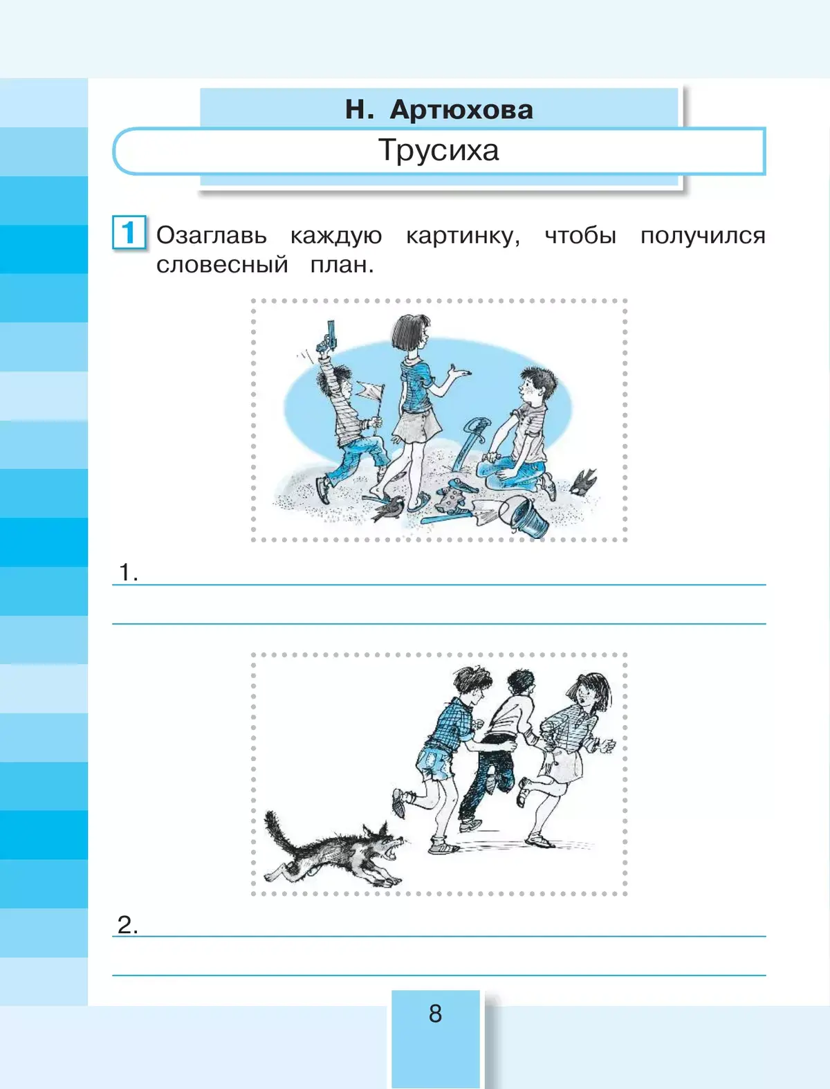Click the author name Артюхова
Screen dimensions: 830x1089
tap(461, 109)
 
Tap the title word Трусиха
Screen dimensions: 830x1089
tap(439, 150)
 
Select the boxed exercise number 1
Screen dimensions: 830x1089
tap(129, 232)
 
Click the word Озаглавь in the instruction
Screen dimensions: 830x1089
tap(211, 235)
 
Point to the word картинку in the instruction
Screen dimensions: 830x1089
tap(463, 236)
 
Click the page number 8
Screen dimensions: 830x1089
tap(435, 1014)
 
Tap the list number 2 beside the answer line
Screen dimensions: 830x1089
tap(127, 925)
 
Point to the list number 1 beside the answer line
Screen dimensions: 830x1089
tap(128, 571)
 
